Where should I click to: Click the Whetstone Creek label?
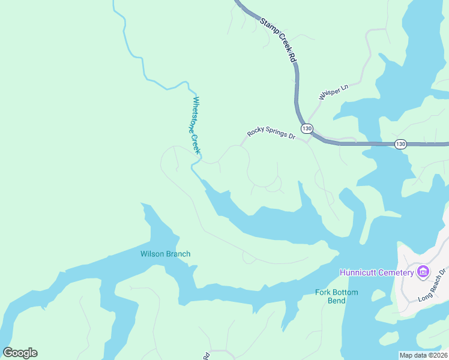pyautogui.click(x=196, y=124)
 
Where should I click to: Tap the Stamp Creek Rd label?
pyautogui.click(x=279, y=40)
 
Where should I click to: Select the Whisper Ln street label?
pyautogui.click(x=333, y=93)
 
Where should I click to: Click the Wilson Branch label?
pyautogui.click(x=165, y=254)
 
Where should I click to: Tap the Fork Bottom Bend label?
pyautogui.click(x=336, y=296)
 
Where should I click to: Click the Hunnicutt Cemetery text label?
pyautogui.click(x=376, y=272)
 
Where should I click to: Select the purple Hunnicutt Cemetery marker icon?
pyautogui.click(x=423, y=272)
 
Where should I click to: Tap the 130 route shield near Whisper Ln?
pyautogui.click(x=307, y=128)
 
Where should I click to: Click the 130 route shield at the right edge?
pyautogui.click(x=401, y=143)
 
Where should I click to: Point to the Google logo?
pyautogui.click(x=20, y=353)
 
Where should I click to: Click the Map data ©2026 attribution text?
pyautogui.click(x=423, y=355)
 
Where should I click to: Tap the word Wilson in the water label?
pyautogui.click(x=152, y=254)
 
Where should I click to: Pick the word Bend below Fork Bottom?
pyautogui.click(x=336, y=301)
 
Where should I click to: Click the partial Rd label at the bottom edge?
pyautogui.click(x=206, y=356)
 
